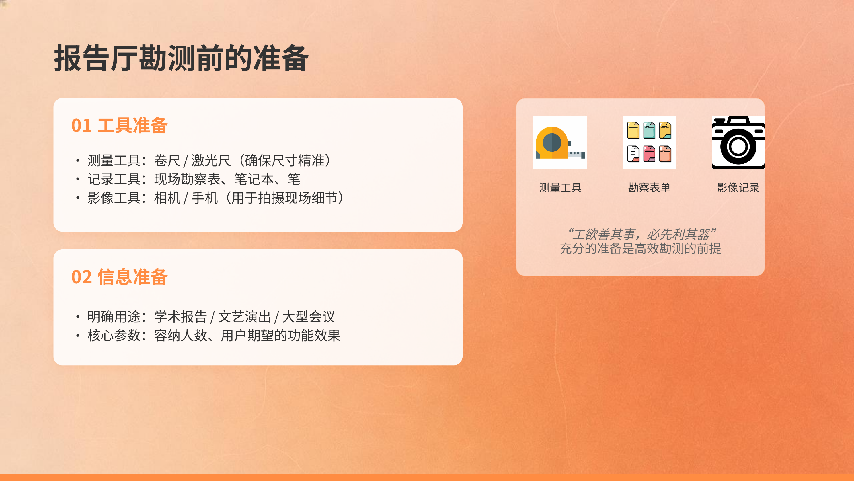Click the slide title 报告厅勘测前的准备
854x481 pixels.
tap(181, 59)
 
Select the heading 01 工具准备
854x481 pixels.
tap(119, 125)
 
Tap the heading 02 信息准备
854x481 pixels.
tap(119, 277)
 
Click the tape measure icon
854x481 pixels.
tap(560, 143)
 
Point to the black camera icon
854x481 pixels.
tap(738, 143)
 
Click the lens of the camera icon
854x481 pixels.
tap(738, 146)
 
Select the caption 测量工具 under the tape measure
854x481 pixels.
tap(560, 188)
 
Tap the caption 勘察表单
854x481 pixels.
tap(649, 188)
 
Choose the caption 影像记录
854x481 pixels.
tap(738, 188)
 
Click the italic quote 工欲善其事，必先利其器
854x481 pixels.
tap(641, 234)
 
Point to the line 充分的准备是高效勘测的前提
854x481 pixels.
tap(640, 249)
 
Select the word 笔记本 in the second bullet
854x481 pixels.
tap(254, 179)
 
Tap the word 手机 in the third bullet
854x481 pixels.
tap(205, 198)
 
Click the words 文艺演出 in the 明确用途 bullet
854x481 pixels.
tap(244, 317)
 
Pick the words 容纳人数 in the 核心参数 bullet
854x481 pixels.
tap(181, 336)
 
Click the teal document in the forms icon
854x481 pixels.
tap(649, 130)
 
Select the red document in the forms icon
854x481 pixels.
tap(649, 154)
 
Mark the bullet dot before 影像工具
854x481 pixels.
tap(78, 198)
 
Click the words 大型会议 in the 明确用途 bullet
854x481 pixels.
tap(308, 317)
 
